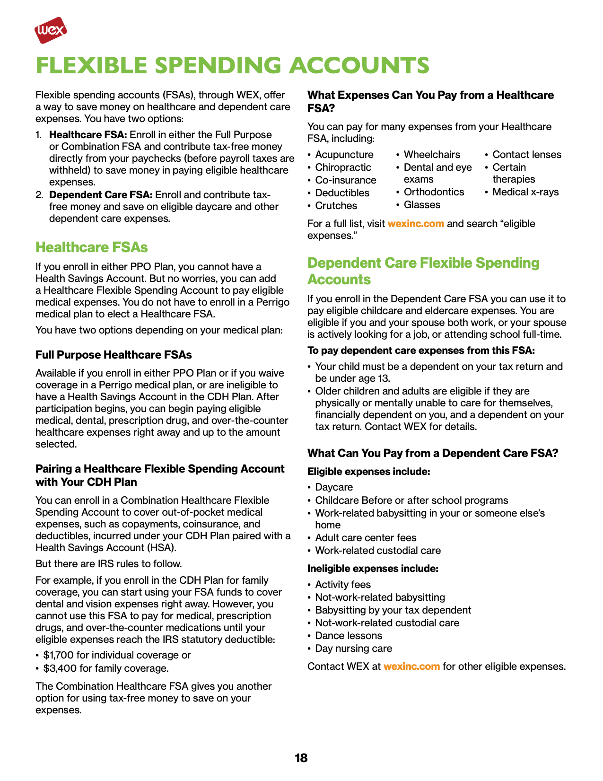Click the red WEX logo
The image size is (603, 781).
tap(50, 30)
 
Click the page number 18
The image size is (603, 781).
tap(301, 758)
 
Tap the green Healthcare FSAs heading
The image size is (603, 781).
tap(91, 247)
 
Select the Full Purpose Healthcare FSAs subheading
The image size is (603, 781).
tap(114, 355)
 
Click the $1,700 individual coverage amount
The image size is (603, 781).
tap(58, 655)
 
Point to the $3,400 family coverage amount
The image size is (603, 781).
tap(60, 668)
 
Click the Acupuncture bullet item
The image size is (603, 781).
tap(344, 155)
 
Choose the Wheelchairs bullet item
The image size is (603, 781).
tap(431, 155)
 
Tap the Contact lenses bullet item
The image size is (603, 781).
tap(526, 155)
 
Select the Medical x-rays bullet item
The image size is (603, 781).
tap(525, 192)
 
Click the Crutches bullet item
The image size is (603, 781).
tap(336, 206)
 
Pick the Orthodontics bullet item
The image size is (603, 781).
tap(434, 192)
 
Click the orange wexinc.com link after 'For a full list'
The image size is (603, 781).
tap(415, 224)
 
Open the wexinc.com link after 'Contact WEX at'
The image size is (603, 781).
tap(411, 667)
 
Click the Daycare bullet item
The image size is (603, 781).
tap(334, 487)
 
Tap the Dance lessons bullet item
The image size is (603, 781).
tap(348, 636)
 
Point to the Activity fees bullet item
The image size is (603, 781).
tap(343, 585)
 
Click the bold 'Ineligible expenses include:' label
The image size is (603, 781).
tap(373, 569)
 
